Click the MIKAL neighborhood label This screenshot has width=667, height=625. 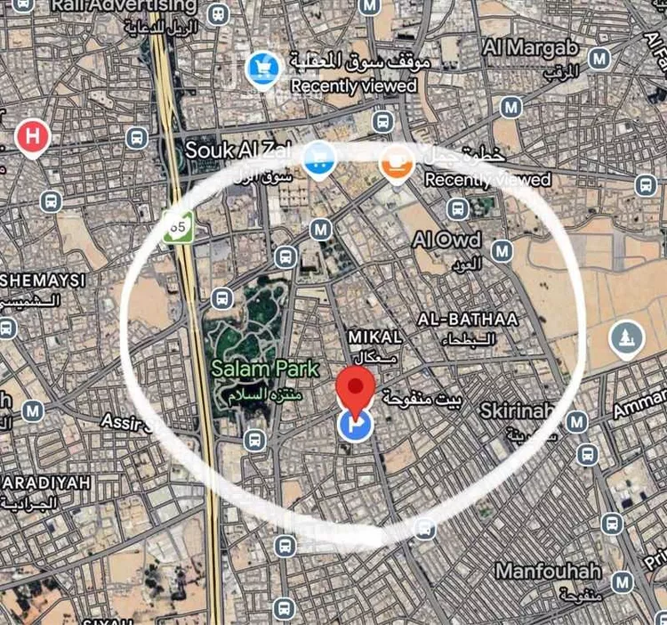[x=375, y=337]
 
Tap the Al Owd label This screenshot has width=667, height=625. [x=446, y=239]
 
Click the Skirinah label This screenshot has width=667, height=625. [x=516, y=411]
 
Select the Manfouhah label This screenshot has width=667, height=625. [x=548, y=571]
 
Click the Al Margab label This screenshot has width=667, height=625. [x=530, y=48]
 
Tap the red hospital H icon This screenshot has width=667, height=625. [x=33, y=138]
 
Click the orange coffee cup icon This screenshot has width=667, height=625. [x=395, y=163]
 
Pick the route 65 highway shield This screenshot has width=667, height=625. [x=178, y=228]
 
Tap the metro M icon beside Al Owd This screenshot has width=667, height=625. [x=502, y=251]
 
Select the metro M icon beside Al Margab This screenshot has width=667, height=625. [x=599, y=59]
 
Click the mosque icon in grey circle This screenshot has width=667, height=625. [x=627, y=337]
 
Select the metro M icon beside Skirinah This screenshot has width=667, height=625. [x=577, y=421]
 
